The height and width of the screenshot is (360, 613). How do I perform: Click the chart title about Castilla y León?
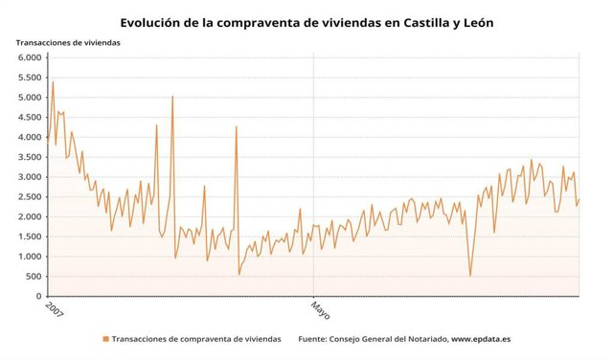tap(306, 21)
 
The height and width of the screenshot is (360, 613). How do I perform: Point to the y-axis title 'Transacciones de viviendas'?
tap(74, 42)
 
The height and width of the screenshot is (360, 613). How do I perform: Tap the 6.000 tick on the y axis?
tap(30, 57)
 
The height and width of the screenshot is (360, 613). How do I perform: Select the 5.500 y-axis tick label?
tap(30, 78)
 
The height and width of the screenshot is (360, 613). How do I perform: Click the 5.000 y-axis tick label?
tap(30, 98)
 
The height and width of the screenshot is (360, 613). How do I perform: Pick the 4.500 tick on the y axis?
tap(30, 118)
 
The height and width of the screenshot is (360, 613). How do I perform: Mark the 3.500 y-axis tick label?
tap(30, 157)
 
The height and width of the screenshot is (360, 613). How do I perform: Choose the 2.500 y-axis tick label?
tap(30, 197)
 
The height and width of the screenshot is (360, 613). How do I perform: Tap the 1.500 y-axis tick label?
tap(30, 236)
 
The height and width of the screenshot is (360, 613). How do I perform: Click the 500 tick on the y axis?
tap(34, 277)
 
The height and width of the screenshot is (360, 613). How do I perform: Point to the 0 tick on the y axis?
tap(38, 297)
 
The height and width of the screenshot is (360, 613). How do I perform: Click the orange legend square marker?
tap(105, 339)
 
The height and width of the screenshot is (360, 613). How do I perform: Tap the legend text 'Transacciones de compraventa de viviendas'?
tap(196, 339)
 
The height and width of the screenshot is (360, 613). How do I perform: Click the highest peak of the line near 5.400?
tap(53, 82)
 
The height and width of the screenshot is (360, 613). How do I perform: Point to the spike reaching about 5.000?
tap(172, 97)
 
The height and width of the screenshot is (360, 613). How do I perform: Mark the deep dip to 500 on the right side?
tap(470, 276)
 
